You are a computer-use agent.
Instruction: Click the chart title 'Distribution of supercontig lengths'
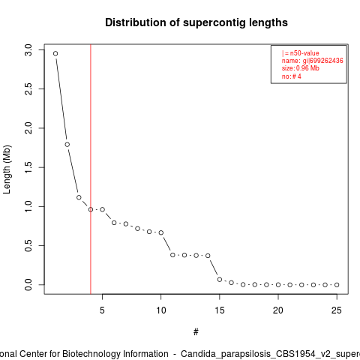pyautogui.click(x=196, y=22)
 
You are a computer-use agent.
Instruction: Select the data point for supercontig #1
pyautogui.click(x=55, y=53)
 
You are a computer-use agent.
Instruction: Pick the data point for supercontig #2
pyautogui.click(x=67, y=145)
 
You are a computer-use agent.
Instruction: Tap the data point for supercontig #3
pyautogui.click(x=79, y=197)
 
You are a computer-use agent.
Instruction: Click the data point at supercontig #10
pyautogui.click(x=161, y=232)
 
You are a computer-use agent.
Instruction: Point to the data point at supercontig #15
pyautogui.click(x=220, y=280)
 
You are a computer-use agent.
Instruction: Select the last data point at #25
pyautogui.click(x=337, y=285)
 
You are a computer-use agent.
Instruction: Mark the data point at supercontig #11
pyautogui.click(x=172, y=255)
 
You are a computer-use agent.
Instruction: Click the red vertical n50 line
pyautogui.click(x=91, y=169)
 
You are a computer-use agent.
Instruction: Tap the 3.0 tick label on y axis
pyautogui.click(x=28, y=50)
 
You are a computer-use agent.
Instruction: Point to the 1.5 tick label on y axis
pyautogui.click(x=28, y=167)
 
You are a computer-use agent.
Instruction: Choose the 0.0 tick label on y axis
pyautogui.click(x=28, y=285)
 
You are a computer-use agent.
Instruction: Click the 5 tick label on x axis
pyautogui.click(x=102, y=310)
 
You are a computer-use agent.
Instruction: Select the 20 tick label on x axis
pyautogui.click(x=278, y=310)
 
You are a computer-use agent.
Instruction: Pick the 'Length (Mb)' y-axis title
pyautogui.click(x=7, y=169)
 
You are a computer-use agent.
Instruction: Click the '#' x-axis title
pyautogui.click(x=196, y=332)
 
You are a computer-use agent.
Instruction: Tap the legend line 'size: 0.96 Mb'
pyautogui.click(x=301, y=68)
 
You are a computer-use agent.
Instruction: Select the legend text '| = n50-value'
pyautogui.click(x=301, y=53)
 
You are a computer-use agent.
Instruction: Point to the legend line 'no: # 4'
pyautogui.click(x=292, y=76)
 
